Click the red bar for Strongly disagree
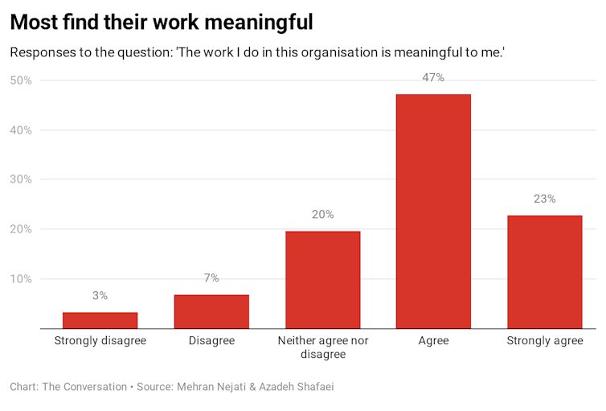pyautogui.click(x=100, y=320)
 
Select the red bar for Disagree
pyautogui.click(x=211, y=311)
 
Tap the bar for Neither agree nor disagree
pyautogui.click(x=322, y=280)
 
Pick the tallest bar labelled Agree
pyautogui.click(x=434, y=212)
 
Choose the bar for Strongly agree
pyautogui.click(x=545, y=272)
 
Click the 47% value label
pyautogui.click(x=434, y=78)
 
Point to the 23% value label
pyautogui.click(x=545, y=199)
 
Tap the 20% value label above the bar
pyautogui.click(x=322, y=215)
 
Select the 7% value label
pyautogui.click(x=211, y=278)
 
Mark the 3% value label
pyautogui.click(x=100, y=296)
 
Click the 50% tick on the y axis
pyautogui.click(x=20, y=80)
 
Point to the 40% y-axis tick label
pyautogui.click(x=20, y=130)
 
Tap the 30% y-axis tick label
pyautogui.click(x=20, y=179)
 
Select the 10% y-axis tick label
pyautogui.click(x=20, y=279)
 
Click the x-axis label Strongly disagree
pyautogui.click(x=100, y=341)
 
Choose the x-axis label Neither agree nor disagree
pyautogui.click(x=322, y=347)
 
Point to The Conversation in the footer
pyautogui.click(x=84, y=387)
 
